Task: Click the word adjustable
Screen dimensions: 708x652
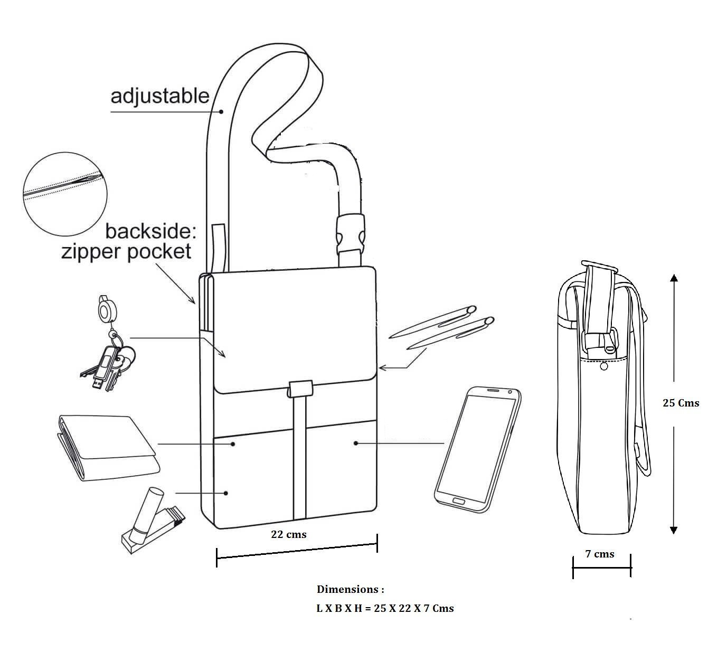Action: [x=160, y=97]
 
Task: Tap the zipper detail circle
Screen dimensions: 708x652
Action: [x=65, y=194]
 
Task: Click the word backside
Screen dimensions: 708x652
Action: [x=150, y=232]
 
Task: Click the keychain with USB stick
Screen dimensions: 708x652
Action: [x=107, y=344]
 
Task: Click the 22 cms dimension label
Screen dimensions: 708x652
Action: [x=288, y=534]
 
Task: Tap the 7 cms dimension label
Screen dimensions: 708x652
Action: [x=600, y=554]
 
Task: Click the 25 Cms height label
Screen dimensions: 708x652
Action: [x=681, y=403]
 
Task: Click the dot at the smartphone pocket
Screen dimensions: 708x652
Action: [x=356, y=443]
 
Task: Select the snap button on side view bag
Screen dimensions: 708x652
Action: [x=604, y=367]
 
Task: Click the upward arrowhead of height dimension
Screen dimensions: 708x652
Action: [x=674, y=278]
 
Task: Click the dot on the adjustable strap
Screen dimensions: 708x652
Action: [x=221, y=111]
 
